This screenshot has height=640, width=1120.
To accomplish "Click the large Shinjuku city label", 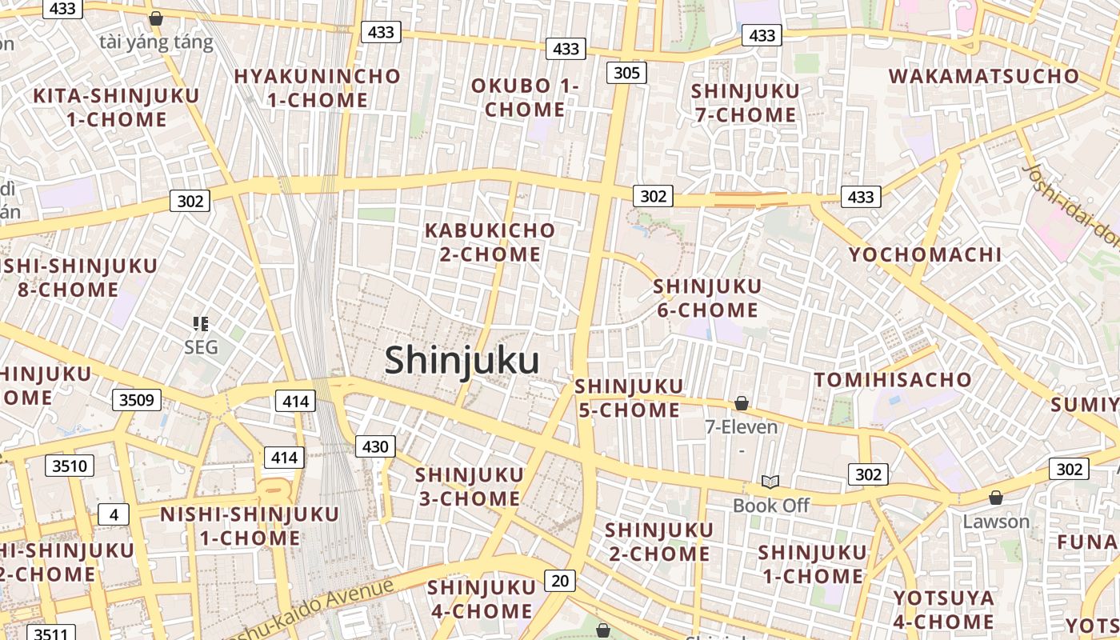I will point(462,360).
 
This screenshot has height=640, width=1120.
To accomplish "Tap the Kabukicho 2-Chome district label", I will point(490,242).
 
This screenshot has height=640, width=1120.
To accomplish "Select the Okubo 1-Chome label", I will point(524,98).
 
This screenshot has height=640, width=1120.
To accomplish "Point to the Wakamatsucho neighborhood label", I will point(983,77).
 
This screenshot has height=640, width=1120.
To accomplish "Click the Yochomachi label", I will point(925,254).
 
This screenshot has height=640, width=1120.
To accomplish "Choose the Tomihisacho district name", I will point(893,379).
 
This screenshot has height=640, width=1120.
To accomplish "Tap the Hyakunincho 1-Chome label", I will point(317,88).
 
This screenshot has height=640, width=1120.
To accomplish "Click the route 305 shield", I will point(626,73).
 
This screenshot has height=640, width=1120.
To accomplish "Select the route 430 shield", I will point(375,446).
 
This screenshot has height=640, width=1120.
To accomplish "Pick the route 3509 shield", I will point(136,400).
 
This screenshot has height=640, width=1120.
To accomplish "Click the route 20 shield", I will point(560,580).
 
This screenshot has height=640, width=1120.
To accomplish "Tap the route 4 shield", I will point(113,514).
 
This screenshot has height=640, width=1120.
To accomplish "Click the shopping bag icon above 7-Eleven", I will point(742,404).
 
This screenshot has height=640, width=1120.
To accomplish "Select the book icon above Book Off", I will point(770,482).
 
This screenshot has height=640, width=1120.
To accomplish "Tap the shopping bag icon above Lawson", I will point(996,498).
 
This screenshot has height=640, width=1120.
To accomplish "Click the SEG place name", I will point(201,347).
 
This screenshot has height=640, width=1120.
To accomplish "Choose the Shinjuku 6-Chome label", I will point(707,298).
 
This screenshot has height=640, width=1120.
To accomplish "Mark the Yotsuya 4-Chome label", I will point(943,610).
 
